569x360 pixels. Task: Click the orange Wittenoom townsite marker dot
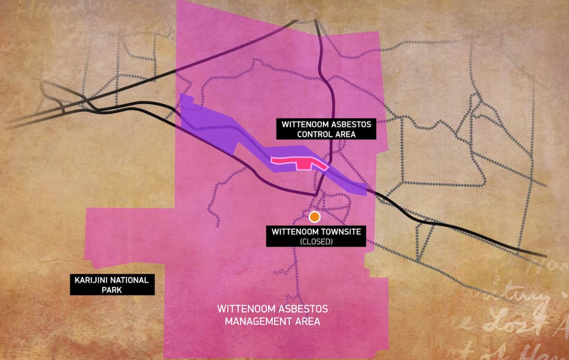point(315,216)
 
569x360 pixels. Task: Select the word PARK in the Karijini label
point(112,290)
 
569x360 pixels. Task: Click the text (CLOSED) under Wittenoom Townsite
point(316,242)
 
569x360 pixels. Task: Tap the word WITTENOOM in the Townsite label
point(292,232)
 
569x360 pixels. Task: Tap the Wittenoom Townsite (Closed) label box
point(316,236)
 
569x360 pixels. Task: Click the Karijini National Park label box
point(112,285)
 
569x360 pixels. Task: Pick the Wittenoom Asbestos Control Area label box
point(326,128)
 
